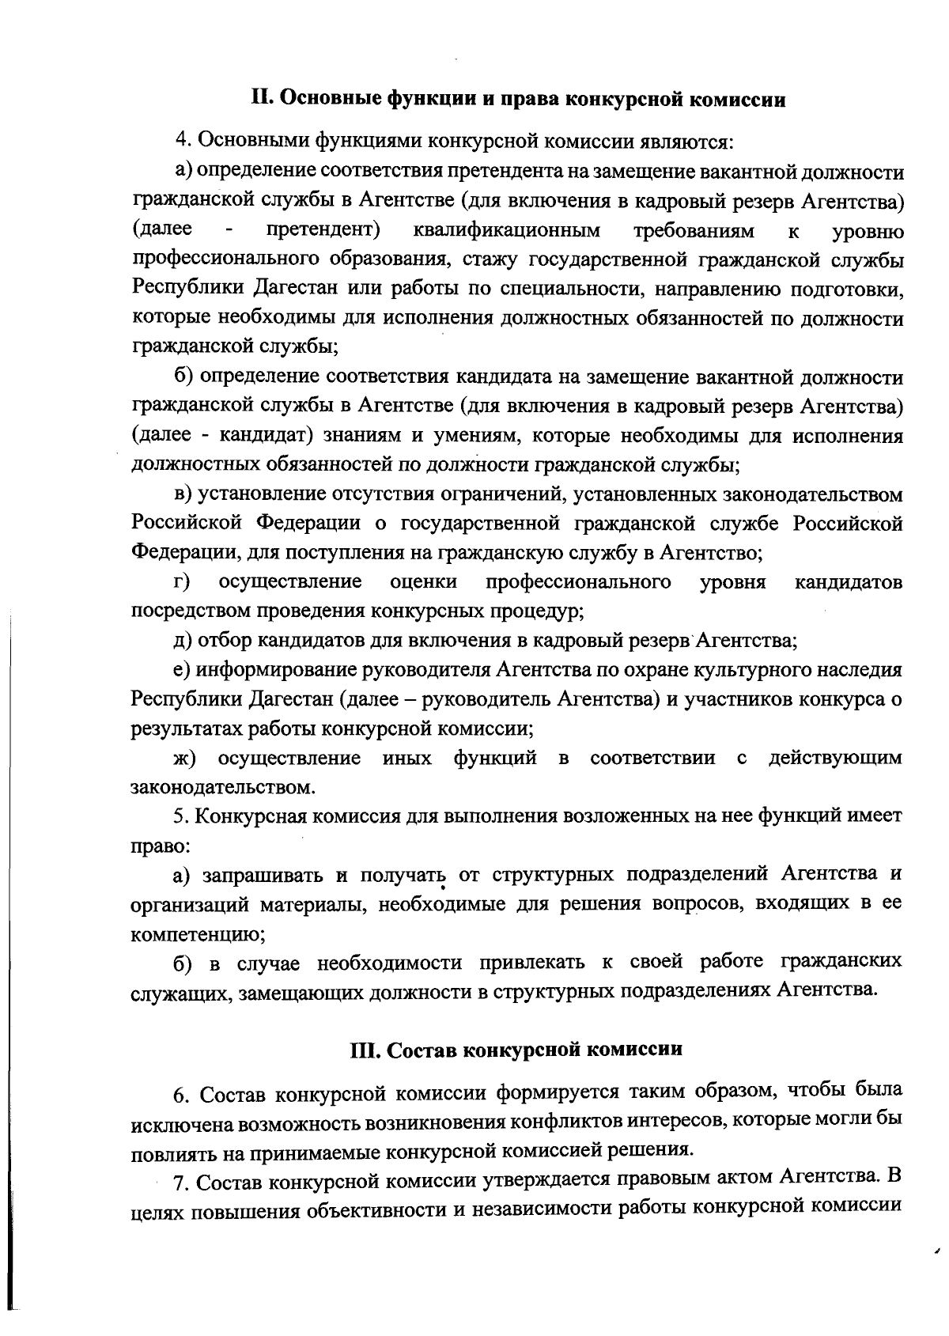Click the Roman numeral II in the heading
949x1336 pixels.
(262, 100)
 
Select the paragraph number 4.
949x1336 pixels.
(183, 142)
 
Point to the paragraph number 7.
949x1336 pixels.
(180, 1182)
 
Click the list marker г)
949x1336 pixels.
(182, 582)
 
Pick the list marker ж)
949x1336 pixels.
(185, 758)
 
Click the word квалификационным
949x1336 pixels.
(506, 230)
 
